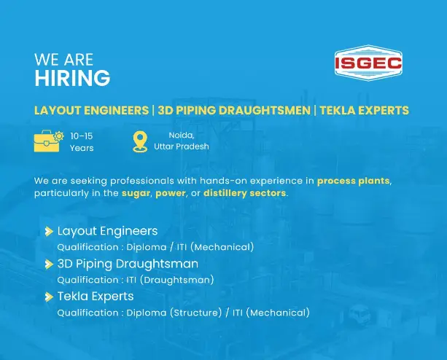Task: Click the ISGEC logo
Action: click(x=368, y=64)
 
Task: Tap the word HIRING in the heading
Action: click(x=72, y=78)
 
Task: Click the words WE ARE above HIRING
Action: click(x=63, y=59)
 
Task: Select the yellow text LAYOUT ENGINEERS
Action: click(x=91, y=111)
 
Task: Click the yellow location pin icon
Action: click(x=139, y=141)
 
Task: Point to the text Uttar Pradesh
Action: click(x=181, y=146)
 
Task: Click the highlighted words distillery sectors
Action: click(x=245, y=193)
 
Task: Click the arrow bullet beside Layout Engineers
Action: click(x=49, y=231)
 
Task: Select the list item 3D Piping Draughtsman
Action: click(x=128, y=264)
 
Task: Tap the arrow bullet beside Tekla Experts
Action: click(x=49, y=297)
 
